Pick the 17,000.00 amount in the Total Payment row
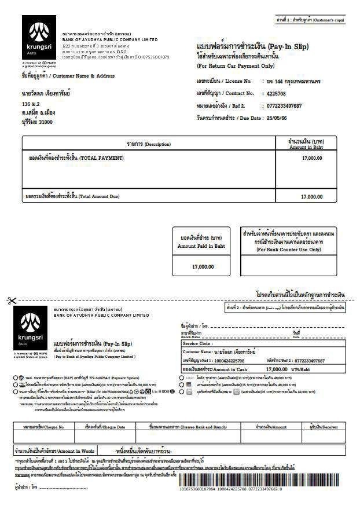(311, 158)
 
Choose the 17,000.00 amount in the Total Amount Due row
(311, 197)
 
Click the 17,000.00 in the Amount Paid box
(203, 266)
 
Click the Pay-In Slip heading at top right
(252, 46)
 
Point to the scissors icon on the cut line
(12, 301)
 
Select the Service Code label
(198, 343)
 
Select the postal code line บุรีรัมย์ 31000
(37, 122)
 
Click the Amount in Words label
(54, 450)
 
